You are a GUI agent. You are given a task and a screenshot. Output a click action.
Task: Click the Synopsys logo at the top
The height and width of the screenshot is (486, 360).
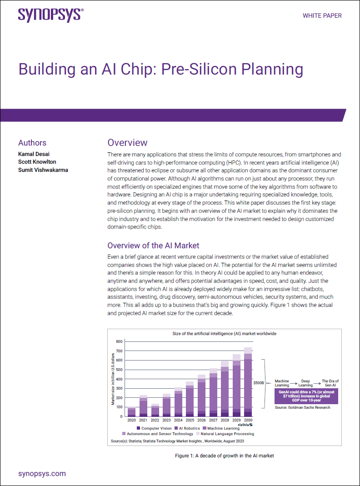point(50,15)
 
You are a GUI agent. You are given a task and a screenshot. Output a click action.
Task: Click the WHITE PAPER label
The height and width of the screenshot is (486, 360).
point(322,15)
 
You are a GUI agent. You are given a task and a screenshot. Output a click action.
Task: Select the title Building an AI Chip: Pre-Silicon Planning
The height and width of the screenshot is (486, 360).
point(160,70)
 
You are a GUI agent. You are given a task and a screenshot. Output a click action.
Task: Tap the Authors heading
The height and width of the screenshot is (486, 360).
point(32,143)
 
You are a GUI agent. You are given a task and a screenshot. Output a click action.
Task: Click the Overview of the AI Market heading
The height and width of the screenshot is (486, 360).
point(153,246)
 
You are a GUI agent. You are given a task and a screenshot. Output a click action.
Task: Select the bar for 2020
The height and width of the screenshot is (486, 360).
point(131,412)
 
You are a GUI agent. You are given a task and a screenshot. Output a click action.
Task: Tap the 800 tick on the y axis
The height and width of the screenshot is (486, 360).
point(120,341)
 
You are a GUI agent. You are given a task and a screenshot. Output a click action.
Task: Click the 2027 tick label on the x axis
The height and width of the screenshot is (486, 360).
point(213,421)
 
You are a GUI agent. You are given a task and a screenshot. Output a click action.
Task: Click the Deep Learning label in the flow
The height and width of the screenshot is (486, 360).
point(305,383)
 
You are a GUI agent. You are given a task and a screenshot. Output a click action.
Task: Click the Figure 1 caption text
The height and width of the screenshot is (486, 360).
point(225,455)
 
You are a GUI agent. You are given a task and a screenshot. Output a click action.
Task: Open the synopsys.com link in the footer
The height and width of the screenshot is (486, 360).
point(42,474)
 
